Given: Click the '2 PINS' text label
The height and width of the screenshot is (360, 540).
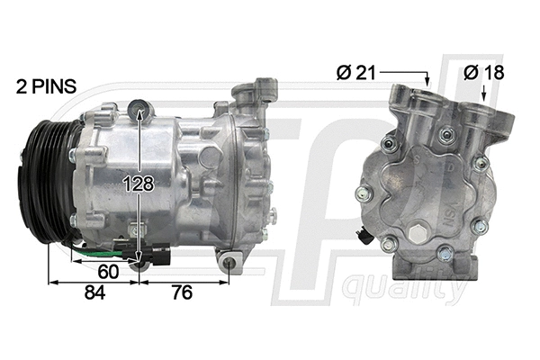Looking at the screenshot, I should [x=46, y=87].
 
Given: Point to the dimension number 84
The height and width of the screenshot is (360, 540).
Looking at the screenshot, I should [x=94, y=292].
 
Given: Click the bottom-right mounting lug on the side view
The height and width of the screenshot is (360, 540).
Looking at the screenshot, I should [x=230, y=262].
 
